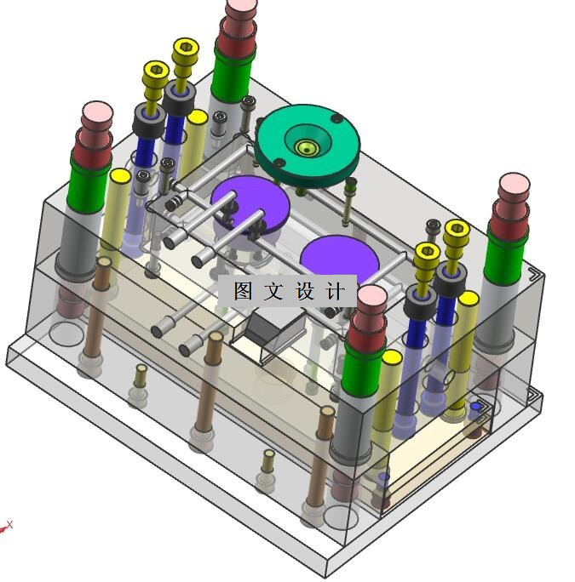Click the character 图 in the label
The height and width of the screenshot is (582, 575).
click(243, 291)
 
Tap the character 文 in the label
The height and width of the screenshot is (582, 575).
click(273, 291)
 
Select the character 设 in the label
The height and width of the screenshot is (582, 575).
click(305, 291)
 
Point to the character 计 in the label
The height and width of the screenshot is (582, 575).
click(336, 291)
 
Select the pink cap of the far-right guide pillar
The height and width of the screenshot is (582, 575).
click(514, 183)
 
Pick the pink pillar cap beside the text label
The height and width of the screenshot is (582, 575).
click(372, 296)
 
